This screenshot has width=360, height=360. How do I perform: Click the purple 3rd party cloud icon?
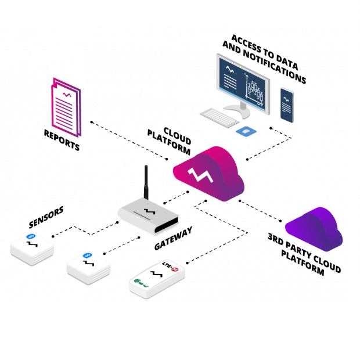[x=314, y=227]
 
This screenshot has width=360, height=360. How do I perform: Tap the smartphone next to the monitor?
[x=287, y=105]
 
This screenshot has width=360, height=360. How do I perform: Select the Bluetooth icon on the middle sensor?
[x=88, y=255]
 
